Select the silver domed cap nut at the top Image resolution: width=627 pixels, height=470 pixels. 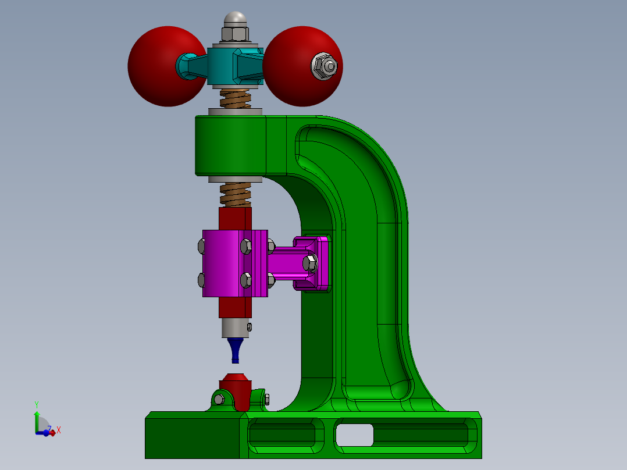(235, 20)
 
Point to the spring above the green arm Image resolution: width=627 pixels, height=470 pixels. (235, 98)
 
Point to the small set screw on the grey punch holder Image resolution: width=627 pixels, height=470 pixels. (250, 327)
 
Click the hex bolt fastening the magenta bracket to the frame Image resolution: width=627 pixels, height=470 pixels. (310, 264)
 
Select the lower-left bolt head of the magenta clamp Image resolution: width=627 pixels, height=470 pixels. (201, 280)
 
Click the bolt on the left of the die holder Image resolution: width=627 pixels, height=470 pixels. (219, 399)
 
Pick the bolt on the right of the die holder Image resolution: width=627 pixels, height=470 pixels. (266, 399)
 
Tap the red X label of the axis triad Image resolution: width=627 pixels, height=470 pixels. (59, 430)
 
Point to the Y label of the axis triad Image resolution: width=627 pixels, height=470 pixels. (36, 404)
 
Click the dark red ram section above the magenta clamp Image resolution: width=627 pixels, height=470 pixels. (235, 218)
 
